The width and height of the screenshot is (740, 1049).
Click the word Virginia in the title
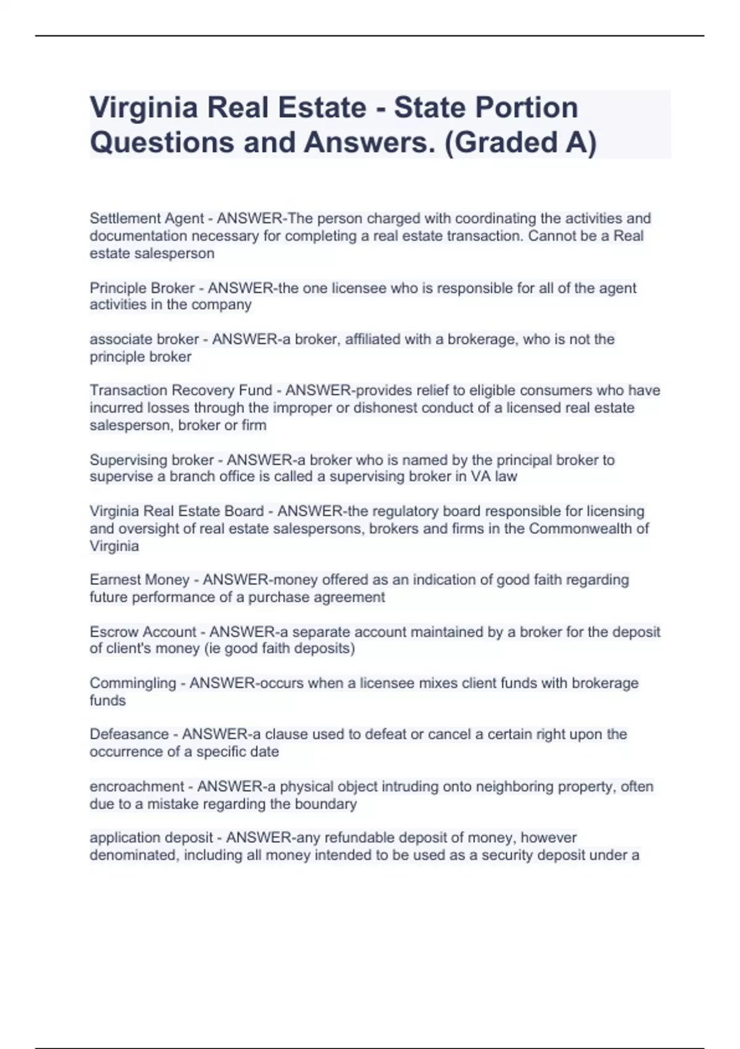[144, 108]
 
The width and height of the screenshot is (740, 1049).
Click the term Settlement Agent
[146, 218]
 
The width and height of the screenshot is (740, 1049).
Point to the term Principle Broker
[142, 288]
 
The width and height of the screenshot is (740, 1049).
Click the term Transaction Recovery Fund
[181, 391]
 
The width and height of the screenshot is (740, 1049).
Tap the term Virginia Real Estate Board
[176, 512]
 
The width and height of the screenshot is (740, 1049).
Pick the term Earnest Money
[139, 580]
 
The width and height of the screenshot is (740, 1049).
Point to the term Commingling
[133, 683]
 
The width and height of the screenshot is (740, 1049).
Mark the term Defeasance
[129, 734]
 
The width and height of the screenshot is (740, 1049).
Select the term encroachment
[137, 787]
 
